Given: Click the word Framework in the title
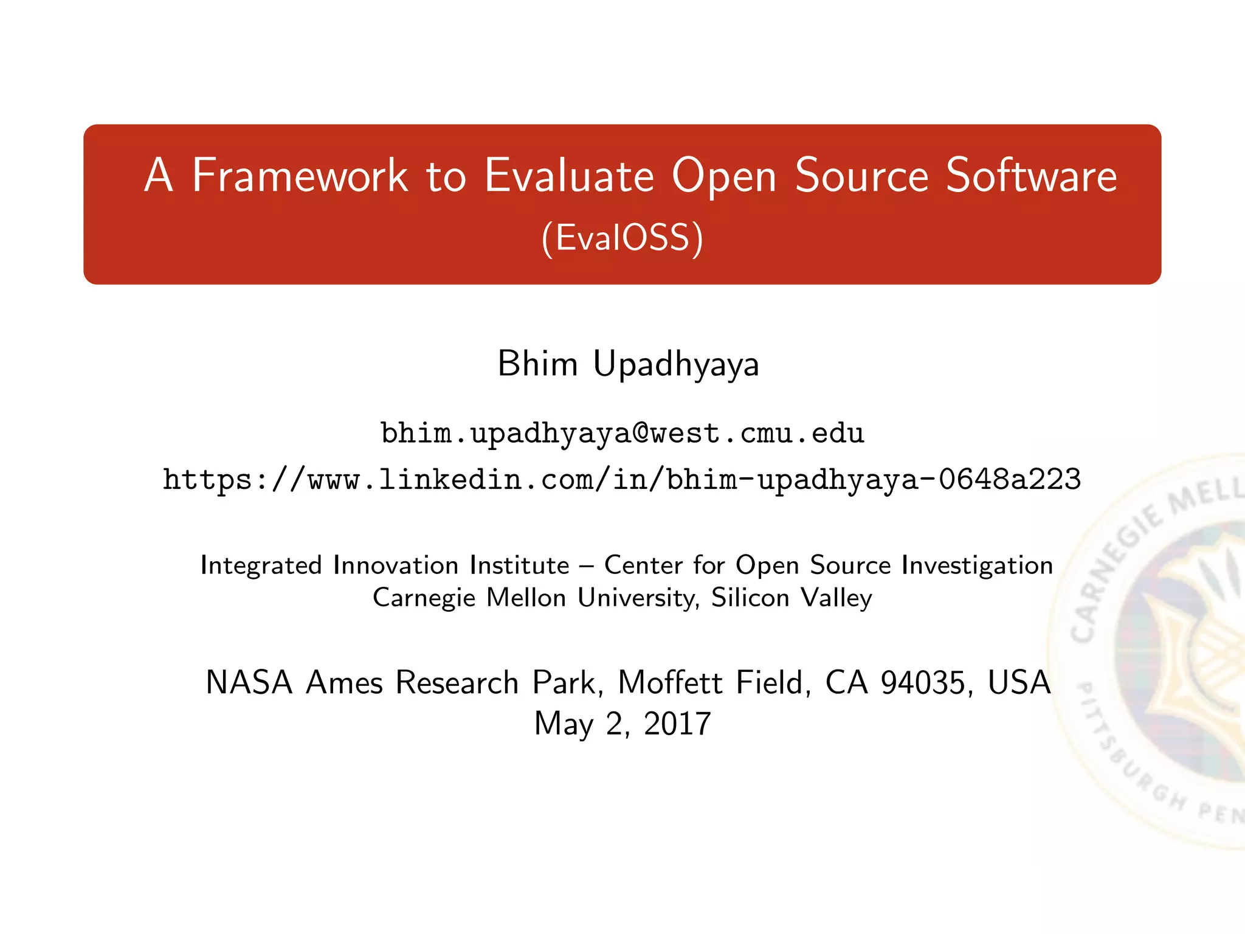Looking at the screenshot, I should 300,176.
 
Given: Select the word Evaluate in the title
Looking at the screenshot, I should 569,176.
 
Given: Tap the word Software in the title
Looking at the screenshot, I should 1031,176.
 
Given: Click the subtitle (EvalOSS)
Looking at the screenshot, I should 622,238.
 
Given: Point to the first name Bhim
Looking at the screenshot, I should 537,364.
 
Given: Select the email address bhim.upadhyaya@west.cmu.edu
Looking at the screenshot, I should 622,433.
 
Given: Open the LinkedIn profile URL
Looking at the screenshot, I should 622,479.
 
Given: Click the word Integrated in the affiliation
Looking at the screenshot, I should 261,566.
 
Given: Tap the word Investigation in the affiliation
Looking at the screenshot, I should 977,566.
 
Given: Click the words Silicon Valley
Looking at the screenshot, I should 791,598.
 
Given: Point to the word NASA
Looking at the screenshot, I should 249,682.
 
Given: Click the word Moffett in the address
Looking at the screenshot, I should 671,682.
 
